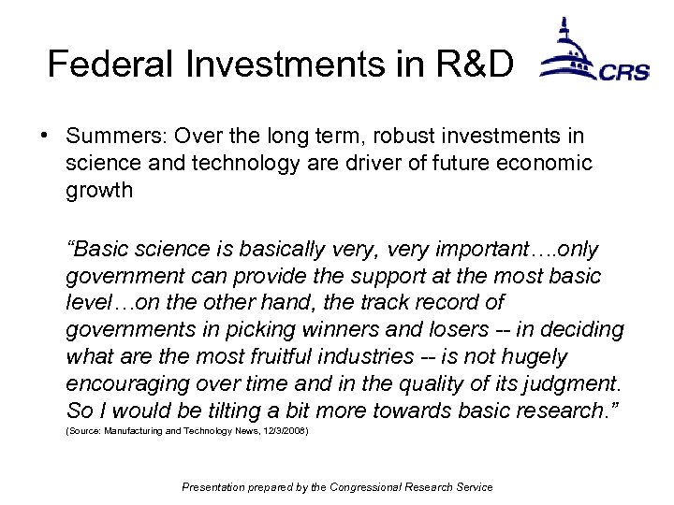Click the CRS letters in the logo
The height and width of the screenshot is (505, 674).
click(x=624, y=72)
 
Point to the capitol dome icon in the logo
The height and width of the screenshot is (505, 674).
click(x=567, y=51)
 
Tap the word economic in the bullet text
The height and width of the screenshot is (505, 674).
click(x=545, y=164)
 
